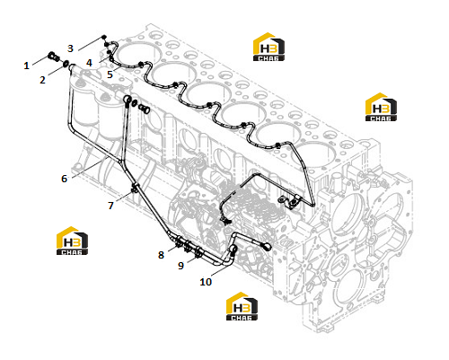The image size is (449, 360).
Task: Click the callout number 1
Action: point(26,66)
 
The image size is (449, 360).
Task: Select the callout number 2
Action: point(42,80)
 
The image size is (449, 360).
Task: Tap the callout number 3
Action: point(70,48)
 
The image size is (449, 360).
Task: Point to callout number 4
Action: point(89,63)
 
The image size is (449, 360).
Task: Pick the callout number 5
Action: point(110,75)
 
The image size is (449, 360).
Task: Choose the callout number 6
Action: point(64,179)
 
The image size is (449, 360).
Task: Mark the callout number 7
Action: point(110,206)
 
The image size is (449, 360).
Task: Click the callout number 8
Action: point(161,255)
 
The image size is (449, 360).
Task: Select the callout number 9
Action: point(180,266)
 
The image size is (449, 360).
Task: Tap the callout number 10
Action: point(206,282)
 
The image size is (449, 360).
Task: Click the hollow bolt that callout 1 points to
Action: point(54,57)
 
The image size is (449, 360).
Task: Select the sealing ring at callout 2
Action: point(66,64)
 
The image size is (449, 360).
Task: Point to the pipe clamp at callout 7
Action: point(135,189)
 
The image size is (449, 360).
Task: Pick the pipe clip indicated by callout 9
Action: point(198,252)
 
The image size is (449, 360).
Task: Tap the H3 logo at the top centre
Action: point(269,47)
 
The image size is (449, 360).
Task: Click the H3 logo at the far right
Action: point(381,107)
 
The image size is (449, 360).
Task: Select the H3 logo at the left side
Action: point(72,241)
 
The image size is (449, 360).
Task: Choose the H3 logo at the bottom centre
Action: point(242,306)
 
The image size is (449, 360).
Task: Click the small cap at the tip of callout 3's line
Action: point(103,37)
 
